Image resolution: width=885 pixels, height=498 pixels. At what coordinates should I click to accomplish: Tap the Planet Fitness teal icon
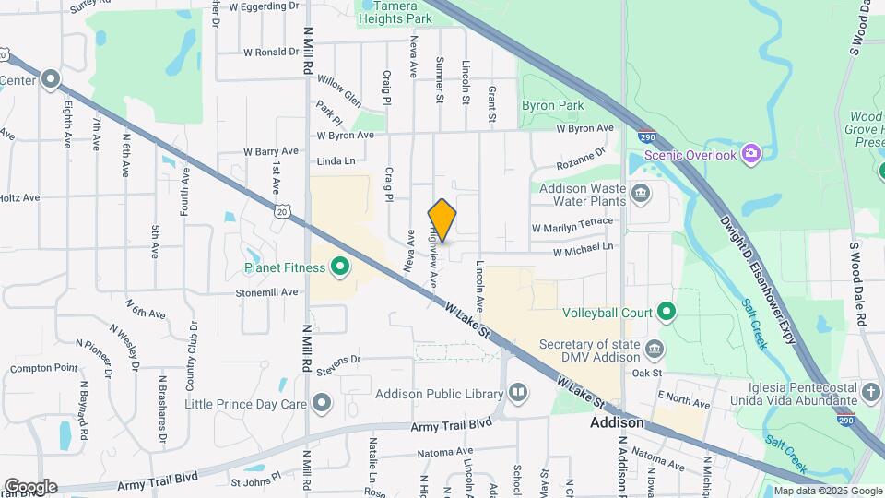pos(339,267)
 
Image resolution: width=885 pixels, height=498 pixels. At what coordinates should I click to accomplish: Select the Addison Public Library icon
pos(518,394)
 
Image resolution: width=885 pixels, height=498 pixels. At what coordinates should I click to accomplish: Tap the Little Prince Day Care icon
pos(322,403)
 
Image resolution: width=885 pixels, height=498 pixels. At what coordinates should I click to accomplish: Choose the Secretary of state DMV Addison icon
pos(654,348)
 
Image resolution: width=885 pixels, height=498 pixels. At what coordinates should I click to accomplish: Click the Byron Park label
pos(553,105)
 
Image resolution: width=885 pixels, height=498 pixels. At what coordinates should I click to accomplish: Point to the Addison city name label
pos(617,422)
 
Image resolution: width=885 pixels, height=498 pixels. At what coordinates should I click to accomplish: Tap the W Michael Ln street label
pos(583,249)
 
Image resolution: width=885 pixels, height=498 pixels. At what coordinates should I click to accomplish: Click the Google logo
pos(30,486)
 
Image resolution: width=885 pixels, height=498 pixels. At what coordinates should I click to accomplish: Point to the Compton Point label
pos(44,368)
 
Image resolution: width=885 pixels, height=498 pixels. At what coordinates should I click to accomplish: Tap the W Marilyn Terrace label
pos(572,224)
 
